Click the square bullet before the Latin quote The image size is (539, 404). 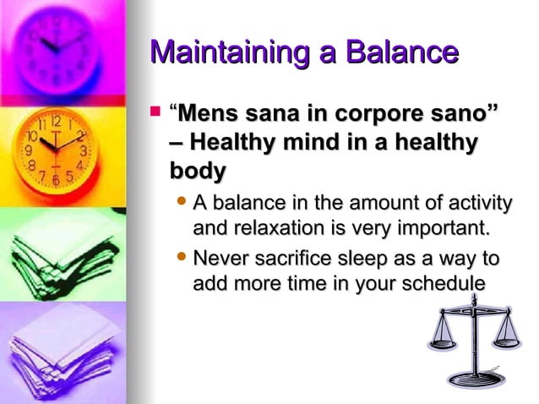[154, 110]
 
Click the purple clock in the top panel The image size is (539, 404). [60, 47]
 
